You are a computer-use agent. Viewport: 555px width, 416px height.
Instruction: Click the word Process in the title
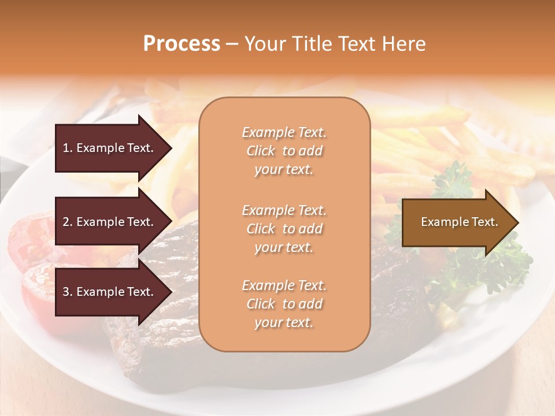click(x=182, y=44)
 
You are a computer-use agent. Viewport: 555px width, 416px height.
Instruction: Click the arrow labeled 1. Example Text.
click(x=110, y=148)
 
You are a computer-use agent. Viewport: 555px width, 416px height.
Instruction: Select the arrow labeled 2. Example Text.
click(x=110, y=222)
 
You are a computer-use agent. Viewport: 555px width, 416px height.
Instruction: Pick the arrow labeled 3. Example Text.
click(x=110, y=292)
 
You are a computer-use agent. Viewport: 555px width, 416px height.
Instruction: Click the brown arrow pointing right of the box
click(x=457, y=222)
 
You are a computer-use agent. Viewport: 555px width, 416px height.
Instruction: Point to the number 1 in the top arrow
click(x=66, y=148)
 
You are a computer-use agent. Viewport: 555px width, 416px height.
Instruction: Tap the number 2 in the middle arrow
click(x=66, y=222)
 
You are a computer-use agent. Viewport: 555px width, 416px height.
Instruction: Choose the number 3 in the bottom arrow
click(x=66, y=292)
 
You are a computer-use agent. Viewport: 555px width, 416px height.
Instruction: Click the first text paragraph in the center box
click(x=284, y=151)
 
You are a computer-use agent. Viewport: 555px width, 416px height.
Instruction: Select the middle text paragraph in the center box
click(x=284, y=229)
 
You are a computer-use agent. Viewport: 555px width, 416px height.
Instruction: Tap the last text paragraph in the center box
click(x=284, y=304)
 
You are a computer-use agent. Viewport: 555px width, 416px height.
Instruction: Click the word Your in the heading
click(x=263, y=44)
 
